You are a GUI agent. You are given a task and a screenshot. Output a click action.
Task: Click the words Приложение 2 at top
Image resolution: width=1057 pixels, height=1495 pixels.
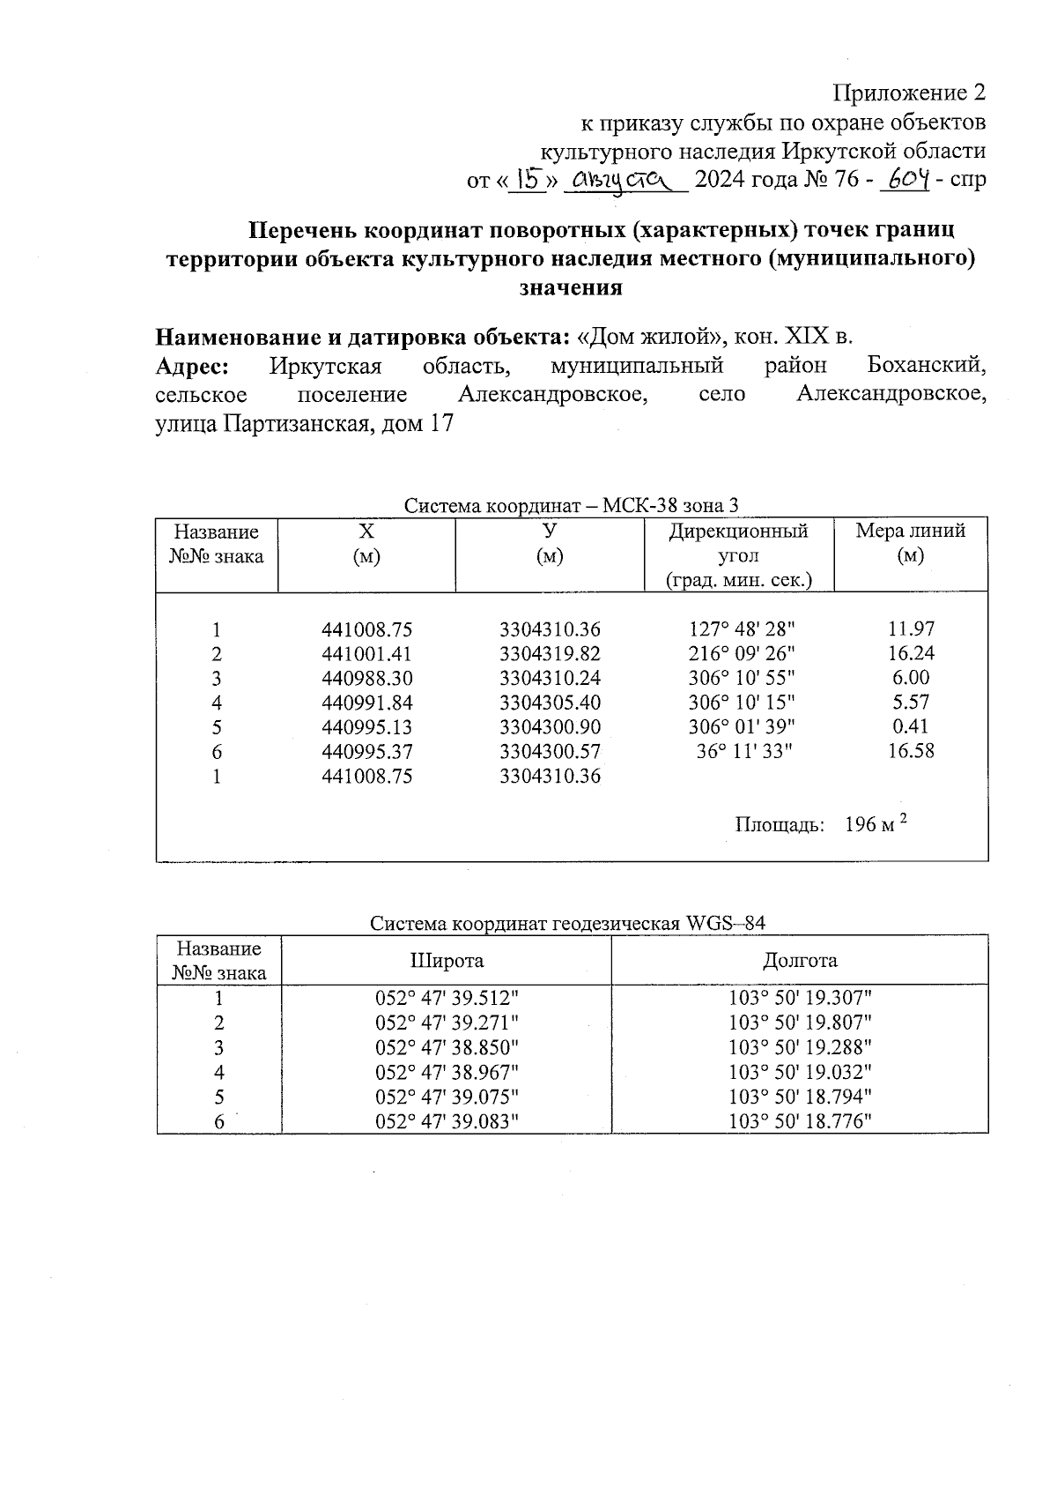coord(909,93)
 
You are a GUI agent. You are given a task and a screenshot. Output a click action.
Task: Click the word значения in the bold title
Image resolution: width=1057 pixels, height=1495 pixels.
coord(571,288)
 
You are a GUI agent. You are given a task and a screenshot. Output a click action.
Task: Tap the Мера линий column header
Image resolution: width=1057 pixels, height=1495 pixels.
coord(910,543)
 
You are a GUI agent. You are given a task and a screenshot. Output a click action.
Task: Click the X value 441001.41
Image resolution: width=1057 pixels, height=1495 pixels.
coord(366,654)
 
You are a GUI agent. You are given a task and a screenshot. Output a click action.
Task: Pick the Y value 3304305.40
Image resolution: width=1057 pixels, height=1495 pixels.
coord(550,703)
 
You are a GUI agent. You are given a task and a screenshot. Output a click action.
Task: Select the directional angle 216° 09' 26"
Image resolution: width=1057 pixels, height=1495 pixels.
coord(741,654)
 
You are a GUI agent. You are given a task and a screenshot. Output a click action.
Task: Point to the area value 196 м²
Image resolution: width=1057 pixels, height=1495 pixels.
coord(876,824)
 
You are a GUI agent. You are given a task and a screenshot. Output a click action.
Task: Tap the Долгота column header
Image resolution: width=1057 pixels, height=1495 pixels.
coord(799,960)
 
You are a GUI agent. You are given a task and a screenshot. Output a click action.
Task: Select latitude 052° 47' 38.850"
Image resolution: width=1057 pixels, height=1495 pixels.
coord(447,1047)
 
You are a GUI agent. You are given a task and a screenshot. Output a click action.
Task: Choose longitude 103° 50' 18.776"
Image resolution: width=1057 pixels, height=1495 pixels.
coord(800,1121)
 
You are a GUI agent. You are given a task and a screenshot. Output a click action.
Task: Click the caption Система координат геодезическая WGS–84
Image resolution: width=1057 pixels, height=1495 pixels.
coord(567,923)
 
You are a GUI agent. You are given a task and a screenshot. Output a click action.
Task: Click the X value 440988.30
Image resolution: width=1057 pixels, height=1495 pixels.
coord(366,679)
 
